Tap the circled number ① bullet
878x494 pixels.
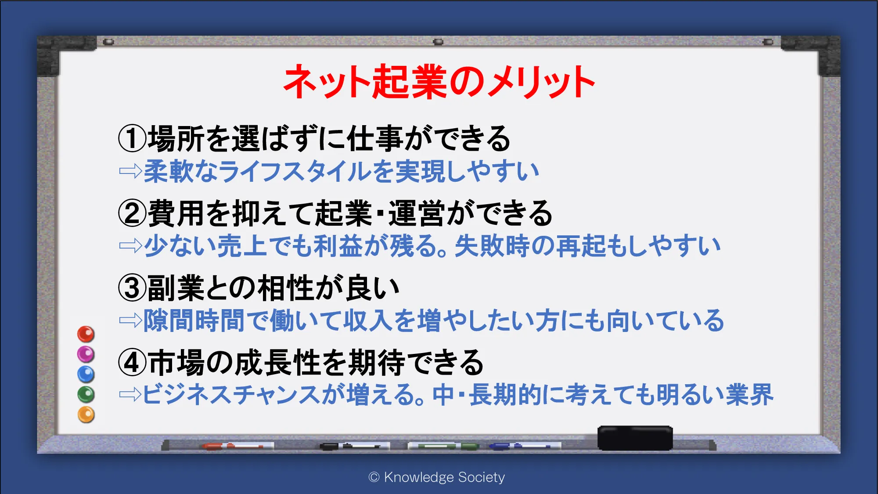(x=132, y=138)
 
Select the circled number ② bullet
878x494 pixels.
(x=132, y=213)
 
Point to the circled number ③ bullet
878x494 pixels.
(x=132, y=288)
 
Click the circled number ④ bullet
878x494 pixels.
(x=132, y=363)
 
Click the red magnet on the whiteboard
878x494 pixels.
(x=86, y=334)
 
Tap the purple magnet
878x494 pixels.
(x=86, y=354)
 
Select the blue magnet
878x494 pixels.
(x=86, y=374)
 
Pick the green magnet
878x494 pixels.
(x=86, y=394)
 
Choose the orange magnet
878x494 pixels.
(x=86, y=415)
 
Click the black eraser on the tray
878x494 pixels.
(x=635, y=438)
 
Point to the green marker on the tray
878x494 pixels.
(x=443, y=446)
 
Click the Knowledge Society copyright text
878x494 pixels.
(x=437, y=477)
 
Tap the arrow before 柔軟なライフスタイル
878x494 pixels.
(x=130, y=171)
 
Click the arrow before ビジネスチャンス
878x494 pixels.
(x=130, y=394)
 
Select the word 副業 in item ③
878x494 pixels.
(x=176, y=288)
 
